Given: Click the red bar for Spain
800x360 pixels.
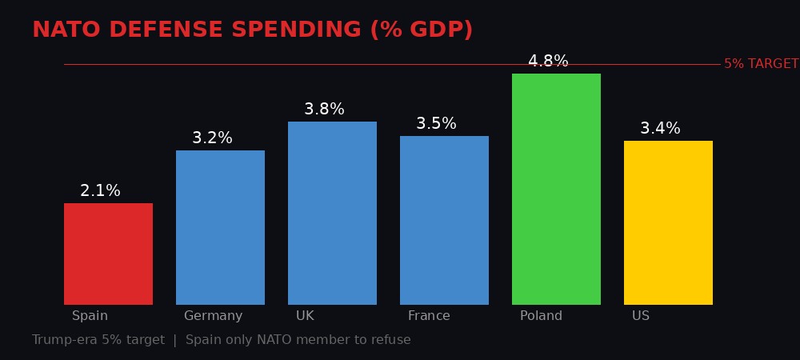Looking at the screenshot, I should click(108, 254).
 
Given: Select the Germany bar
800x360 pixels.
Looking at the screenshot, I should click(220, 227).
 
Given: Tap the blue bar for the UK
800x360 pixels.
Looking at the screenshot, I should click(332, 213).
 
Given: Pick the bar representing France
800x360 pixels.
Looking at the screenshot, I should click(444, 220).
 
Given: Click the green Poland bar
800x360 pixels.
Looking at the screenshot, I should click(556, 189).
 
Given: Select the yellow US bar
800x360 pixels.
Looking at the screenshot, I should click(668, 222).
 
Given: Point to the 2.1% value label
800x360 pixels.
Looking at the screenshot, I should click(100, 191).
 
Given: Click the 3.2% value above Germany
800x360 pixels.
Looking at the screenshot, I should click(212, 138).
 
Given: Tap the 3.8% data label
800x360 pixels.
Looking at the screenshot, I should click(324, 110).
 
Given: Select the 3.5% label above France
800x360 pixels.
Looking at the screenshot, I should click(436, 124).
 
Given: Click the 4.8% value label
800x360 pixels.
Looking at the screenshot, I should click(548, 62).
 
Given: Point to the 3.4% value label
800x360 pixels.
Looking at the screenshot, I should click(660, 129).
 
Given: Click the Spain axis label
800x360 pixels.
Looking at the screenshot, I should click(90, 316).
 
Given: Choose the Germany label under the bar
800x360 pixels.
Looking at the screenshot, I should click(213, 316).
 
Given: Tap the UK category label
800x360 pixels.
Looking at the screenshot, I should click(305, 316).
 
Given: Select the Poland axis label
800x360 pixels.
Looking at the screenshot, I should click(541, 316).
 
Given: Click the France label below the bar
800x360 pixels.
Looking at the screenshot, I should click(429, 316).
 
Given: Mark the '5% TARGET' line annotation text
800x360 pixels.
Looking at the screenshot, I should click(761, 64).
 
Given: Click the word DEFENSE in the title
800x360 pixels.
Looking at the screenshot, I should click(168, 30).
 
